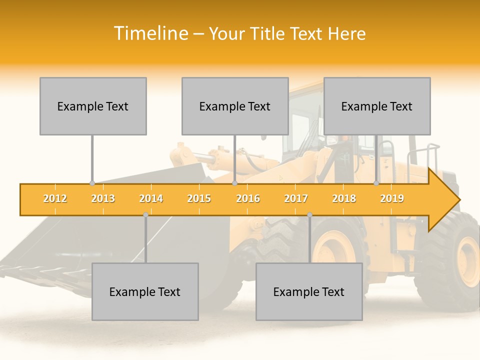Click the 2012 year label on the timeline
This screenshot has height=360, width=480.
(x=55, y=199)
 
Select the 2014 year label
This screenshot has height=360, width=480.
(x=151, y=199)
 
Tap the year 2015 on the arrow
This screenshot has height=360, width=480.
(x=199, y=199)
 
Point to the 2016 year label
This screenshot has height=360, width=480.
(x=248, y=199)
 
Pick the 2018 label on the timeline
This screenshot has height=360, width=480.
(x=344, y=199)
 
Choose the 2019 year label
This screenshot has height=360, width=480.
(x=392, y=199)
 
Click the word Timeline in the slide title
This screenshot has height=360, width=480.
(x=150, y=33)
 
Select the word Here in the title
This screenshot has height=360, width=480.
(x=346, y=33)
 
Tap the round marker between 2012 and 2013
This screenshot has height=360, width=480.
(x=92, y=183)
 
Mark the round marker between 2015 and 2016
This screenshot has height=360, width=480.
(x=234, y=183)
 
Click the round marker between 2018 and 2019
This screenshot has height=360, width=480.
(x=376, y=183)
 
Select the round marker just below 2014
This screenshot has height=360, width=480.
(x=145, y=215)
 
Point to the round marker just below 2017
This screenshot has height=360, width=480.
(x=309, y=215)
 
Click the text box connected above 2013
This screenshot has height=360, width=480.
(x=93, y=106)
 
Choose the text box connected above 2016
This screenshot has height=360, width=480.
(x=235, y=106)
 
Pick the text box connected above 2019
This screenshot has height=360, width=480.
(x=377, y=106)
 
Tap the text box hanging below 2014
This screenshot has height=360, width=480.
(x=145, y=292)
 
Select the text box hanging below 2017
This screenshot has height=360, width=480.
(x=309, y=292)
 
